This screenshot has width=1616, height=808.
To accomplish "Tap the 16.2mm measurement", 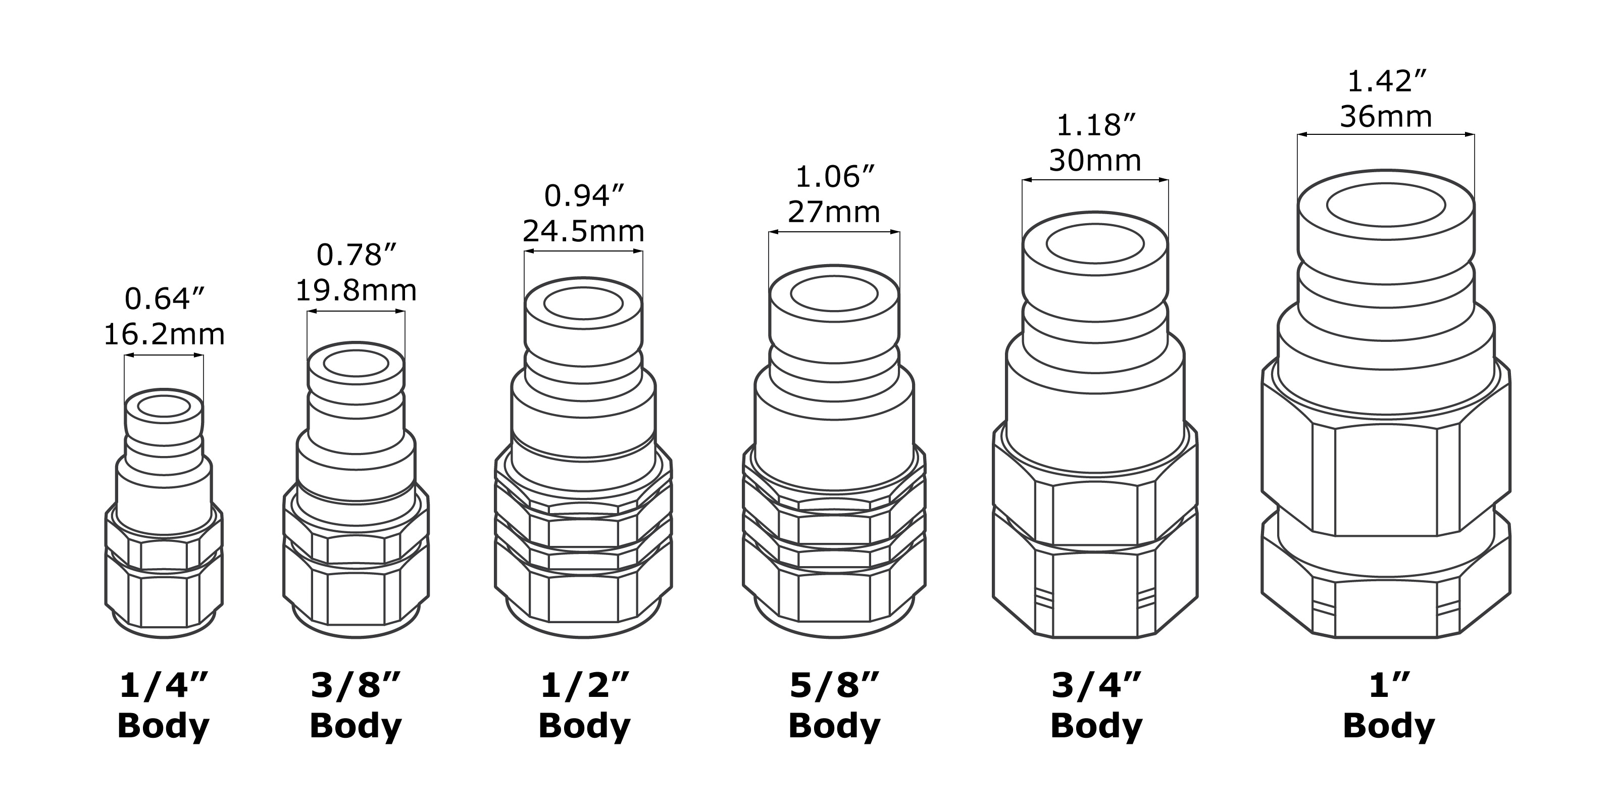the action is (x=164, y=334).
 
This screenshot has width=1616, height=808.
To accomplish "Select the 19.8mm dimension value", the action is (x=356, y=290).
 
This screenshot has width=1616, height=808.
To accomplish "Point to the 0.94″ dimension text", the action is (x=585, y=196).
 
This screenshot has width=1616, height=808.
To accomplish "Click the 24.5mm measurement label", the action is (x=583, y=231).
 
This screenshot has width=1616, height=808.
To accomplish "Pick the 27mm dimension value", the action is (x=834, y=212).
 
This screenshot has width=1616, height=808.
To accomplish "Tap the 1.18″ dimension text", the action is (x=1096, y=125).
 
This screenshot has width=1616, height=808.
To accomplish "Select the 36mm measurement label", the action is (x=1386, y=117).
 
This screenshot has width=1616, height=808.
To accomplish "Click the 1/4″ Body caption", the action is (x=163, y=706).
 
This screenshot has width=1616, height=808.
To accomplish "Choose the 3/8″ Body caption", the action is (x=356, y=706).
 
